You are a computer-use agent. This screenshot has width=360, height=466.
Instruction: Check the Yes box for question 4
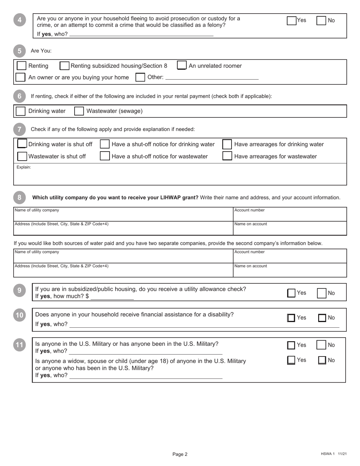coord(291,21)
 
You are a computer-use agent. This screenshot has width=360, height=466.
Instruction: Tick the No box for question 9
coord(321,293)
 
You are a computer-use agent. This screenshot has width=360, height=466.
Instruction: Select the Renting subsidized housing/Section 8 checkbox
coord(65,66)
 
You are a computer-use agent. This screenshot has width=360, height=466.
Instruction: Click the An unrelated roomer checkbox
coord(182,66)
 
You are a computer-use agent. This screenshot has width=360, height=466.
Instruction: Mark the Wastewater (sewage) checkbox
coord(79,111)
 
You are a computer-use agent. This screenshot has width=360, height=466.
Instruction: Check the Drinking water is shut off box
coord(22,144)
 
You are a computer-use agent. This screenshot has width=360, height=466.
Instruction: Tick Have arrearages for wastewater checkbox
coord(227,156)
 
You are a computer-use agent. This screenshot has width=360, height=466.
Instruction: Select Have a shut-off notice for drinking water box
coord(105,144)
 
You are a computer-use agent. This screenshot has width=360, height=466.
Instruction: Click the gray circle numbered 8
coord(19,197)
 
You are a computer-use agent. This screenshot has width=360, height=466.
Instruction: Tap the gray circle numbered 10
coord(19,315)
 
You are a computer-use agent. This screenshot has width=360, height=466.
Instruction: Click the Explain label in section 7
coord(24,167)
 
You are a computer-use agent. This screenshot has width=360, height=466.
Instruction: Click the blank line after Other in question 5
coord(212,78)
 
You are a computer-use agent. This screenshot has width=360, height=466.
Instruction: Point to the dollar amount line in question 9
coord(112,297)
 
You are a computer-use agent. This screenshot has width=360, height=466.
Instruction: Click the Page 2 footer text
coord(180,454)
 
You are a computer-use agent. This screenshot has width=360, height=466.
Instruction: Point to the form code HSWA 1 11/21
coord(333,454)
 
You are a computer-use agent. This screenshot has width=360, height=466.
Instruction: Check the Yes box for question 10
coord(291,318)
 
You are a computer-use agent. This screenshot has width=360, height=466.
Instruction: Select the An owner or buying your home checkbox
coord(20,77)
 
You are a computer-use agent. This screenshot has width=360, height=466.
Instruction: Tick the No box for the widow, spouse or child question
coord(322,360)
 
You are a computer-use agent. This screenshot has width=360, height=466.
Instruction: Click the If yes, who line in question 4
coord(141,34)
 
